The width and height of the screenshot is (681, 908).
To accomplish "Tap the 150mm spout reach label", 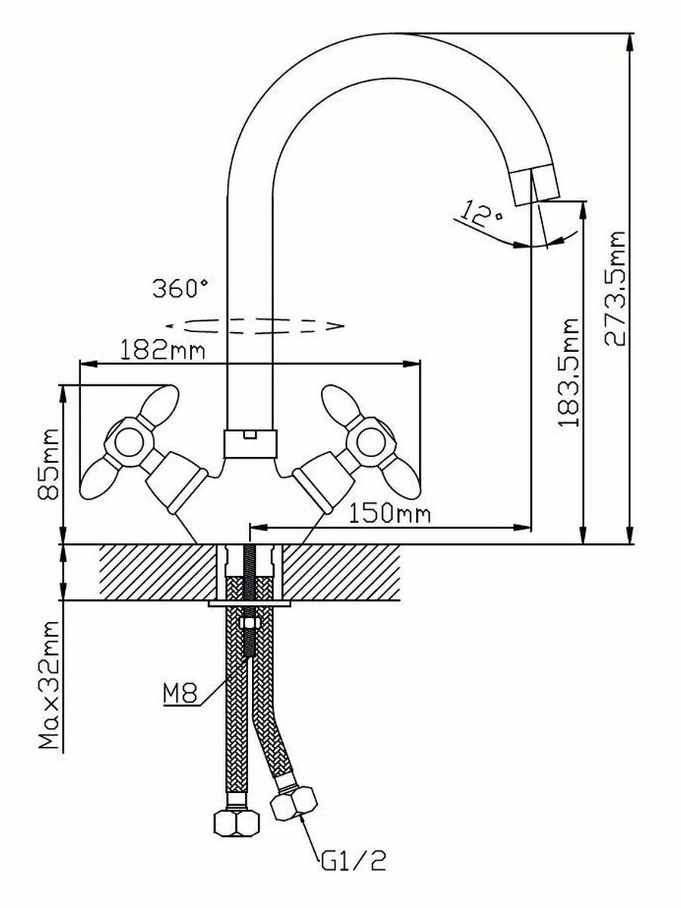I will pyautogui.click(x=390, y=515).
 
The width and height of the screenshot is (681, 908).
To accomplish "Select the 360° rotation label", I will pyautogui.click(x=179, y=288).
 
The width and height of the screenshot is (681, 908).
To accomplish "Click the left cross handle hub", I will pyautogui.click(x=126, y=441).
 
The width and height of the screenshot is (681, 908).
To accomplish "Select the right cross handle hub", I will pyautogui.click(x=371, y=440).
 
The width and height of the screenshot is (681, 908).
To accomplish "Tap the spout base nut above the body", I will pyautogui.click(x=250, y=443).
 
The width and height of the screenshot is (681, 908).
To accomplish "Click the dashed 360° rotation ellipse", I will pyautogui.click(x=254, y=325).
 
